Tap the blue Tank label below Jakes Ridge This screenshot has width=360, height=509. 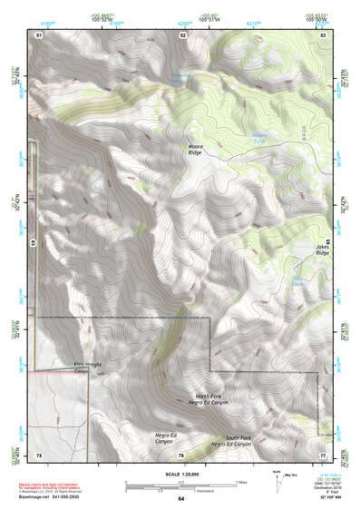297,283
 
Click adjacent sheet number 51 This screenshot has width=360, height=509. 39,34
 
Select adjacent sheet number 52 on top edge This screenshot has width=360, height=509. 182,34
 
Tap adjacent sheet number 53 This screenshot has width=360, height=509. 322,34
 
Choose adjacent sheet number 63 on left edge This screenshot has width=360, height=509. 33,243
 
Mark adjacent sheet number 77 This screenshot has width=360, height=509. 322,454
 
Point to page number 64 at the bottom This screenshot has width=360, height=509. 180,498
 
